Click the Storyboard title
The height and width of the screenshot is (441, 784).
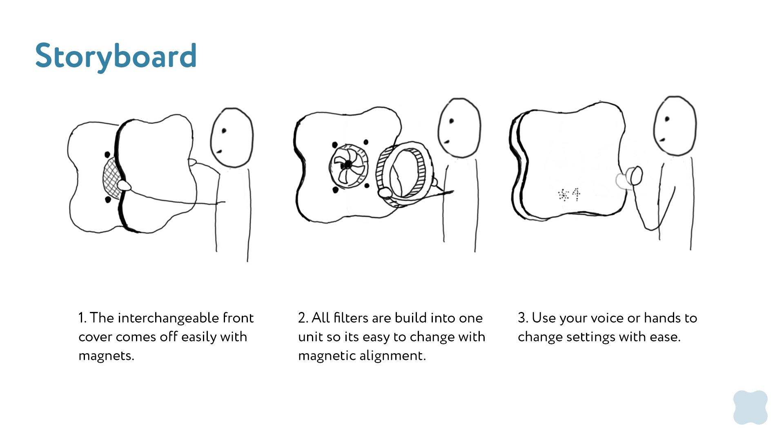(116, 56)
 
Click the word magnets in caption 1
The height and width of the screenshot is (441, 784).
(106, 356)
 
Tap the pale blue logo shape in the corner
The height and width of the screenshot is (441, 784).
(750, 407)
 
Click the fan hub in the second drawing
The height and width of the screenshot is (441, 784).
(347, 165)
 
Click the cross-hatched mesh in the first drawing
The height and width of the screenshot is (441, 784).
(111, 178)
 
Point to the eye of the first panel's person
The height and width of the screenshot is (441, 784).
(224, 131)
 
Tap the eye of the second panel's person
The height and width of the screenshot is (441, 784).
(452, 121)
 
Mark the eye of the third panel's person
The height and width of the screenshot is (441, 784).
(667, 119)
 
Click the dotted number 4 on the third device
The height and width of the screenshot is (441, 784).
(576, 195)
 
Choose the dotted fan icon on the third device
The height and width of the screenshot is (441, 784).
(563, 195)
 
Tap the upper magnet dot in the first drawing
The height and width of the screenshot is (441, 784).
(107, 155)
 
